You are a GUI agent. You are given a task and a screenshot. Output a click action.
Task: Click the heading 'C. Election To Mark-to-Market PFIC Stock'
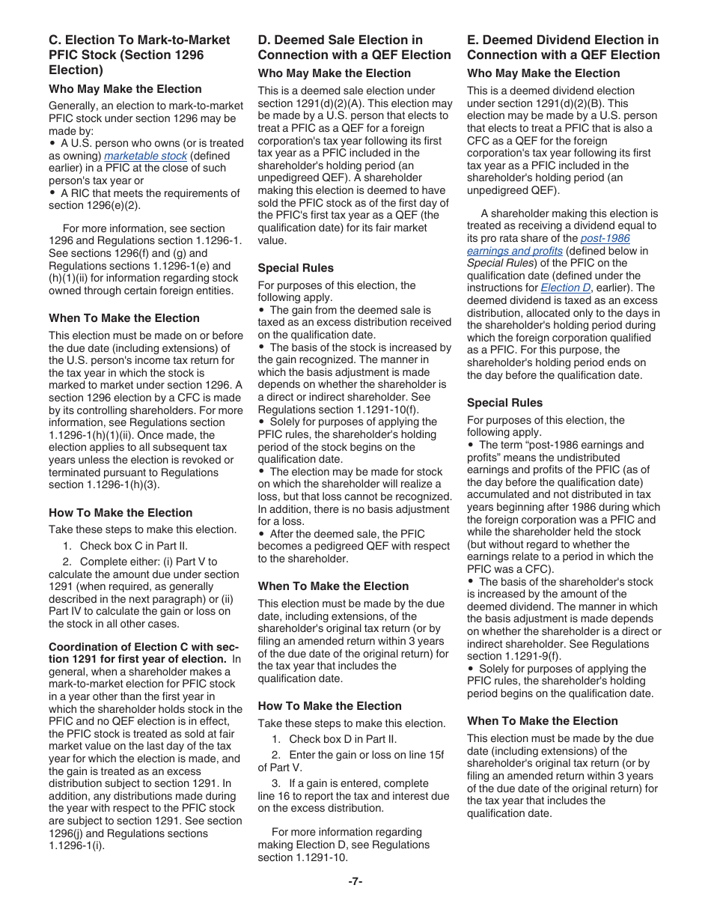[x=139, y=55]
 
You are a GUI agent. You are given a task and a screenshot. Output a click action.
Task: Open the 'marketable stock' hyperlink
[x=145, y=156]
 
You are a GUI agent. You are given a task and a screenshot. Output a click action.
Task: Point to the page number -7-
[x=355, y=881]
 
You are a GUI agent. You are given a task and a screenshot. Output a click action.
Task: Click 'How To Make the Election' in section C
[x=120, y=513]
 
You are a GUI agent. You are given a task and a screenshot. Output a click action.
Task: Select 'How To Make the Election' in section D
[x=329, y=706]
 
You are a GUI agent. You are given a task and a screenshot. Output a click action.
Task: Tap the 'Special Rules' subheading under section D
[x=296, y=268]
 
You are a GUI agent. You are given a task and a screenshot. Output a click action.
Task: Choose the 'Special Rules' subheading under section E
[x=504, y=403]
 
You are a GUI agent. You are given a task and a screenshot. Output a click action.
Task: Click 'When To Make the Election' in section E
[x=543, y=721]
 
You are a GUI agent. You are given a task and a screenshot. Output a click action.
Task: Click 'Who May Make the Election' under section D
[x=334, y=73]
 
